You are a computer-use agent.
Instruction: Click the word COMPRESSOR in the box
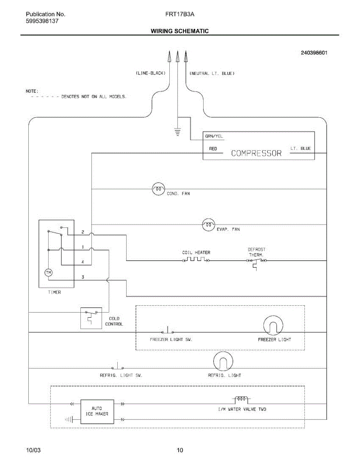(x=256, y=153)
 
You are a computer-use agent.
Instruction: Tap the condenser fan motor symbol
(x=158, y=189)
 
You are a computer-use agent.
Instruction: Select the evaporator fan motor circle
(x=209, y=225)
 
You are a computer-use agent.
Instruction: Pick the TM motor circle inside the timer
(x=49, y=273)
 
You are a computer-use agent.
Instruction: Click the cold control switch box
(x=91, y=318)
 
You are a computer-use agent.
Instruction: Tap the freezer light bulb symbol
(x=273, y=325)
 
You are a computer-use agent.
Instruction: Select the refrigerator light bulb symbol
(x=223, y=361)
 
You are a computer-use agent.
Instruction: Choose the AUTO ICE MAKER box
(x=97, y=412)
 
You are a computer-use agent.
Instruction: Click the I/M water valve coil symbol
(x=242, y=399)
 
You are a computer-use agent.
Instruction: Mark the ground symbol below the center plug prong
(x=177, y=132)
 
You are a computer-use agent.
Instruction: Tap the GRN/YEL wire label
(x=214, y=136)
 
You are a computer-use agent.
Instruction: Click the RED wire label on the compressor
(x=213, y=149)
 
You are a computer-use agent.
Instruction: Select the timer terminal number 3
(x=83, y=277)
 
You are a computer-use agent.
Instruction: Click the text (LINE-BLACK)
(x=151, y=73)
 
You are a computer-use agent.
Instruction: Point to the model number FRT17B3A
(x=180, y=14)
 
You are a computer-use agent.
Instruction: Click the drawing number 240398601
(x=314, y=53)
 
